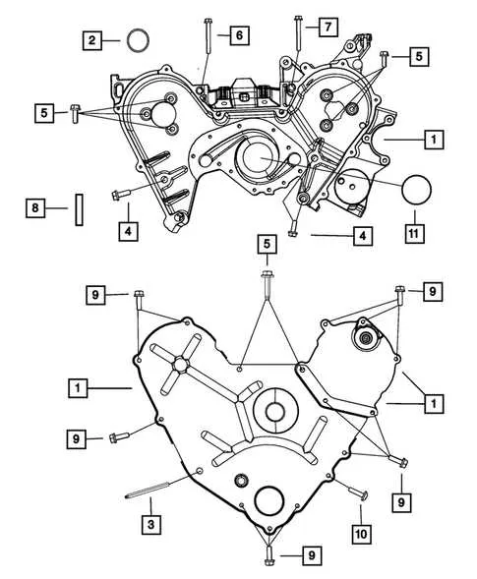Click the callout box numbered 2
coord(91,40)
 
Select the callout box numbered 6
coord(239,35)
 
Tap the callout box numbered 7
coord(328,27)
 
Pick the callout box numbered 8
coord(35,207)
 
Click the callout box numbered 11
coord(414,233)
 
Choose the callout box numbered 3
coord(151,524)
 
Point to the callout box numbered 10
coord(361,534)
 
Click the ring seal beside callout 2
coord(138,40)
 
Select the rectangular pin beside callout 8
coord(79,209)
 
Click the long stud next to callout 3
coord(148,490)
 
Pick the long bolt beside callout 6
coord(208,36)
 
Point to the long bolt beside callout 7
coord(298,33)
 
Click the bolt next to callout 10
coord(358,492)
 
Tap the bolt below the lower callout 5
coord(268,283)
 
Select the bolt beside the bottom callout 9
coord(268,556)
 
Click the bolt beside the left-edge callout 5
coord(75,113)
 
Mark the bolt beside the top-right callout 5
coord(385,59)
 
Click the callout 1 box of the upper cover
coord(434,140)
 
